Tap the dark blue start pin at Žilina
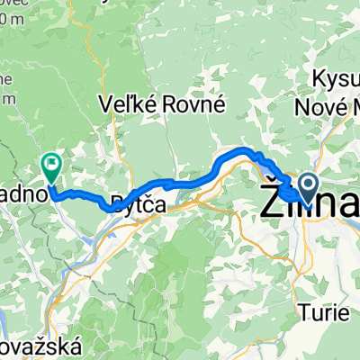point(309,187)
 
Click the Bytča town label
point(138,205)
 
